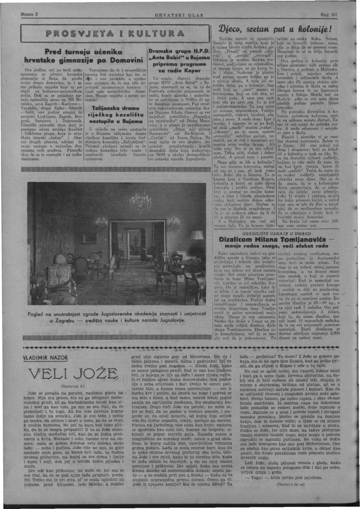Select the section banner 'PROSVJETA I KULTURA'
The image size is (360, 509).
(115, 33)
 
